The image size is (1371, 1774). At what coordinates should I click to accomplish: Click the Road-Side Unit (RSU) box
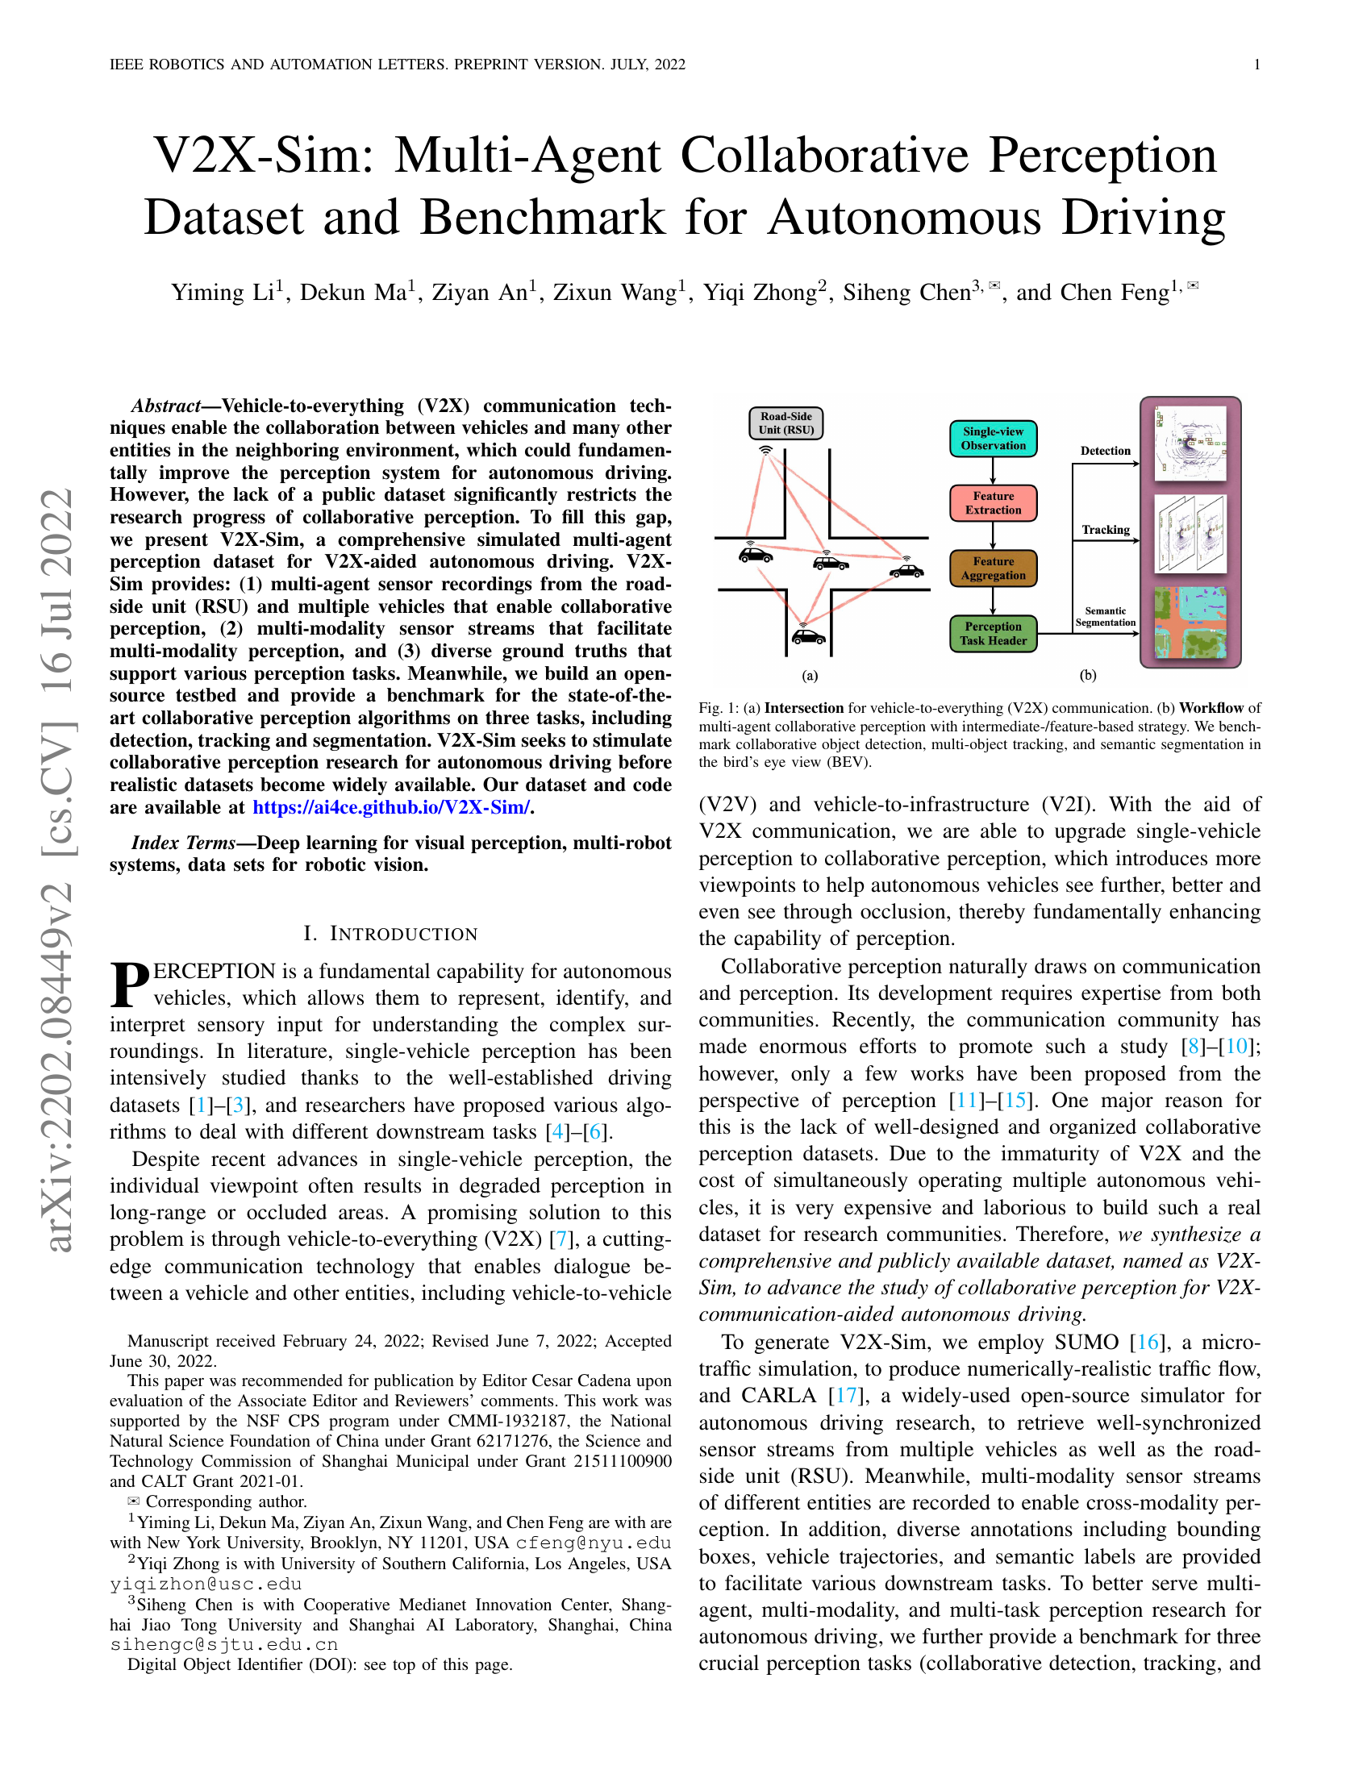click(786, 423)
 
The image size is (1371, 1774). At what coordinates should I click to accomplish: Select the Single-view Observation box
click(993, 439)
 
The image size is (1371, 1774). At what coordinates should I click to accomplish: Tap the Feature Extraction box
click(993, 503)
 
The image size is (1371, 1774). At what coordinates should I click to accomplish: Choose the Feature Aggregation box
click(993, 568)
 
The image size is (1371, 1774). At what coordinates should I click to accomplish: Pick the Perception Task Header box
click(993, 634)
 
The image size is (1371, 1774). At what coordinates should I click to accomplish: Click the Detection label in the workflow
click(1105, 451)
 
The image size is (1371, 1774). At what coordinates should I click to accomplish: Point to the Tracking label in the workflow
click(1105, 530)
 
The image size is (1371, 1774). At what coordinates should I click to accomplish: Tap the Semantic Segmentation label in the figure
click(1105, 617)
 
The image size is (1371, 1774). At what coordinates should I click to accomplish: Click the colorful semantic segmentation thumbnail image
click(1190, 623)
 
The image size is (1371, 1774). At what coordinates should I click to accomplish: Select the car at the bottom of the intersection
click(808, 636)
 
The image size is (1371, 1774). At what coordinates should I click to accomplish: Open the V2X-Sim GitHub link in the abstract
click(391, 807)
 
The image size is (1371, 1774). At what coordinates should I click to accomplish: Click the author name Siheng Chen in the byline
click(906, 293)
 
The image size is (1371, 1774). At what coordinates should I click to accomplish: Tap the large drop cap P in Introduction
click(130, 985)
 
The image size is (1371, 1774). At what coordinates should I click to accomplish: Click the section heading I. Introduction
click(390, 934)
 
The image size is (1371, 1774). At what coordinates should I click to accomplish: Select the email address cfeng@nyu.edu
click(593, 1543)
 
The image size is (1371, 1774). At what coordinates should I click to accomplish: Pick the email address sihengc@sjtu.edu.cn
click(224, 1645)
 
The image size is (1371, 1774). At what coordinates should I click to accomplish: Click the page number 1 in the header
click(1256, 65)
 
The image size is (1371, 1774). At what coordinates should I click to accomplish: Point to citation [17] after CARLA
click(845, 1396)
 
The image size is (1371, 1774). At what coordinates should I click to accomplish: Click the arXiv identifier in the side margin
click(59, 869)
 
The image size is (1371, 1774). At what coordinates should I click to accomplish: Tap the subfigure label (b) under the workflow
click(1088, 675)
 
